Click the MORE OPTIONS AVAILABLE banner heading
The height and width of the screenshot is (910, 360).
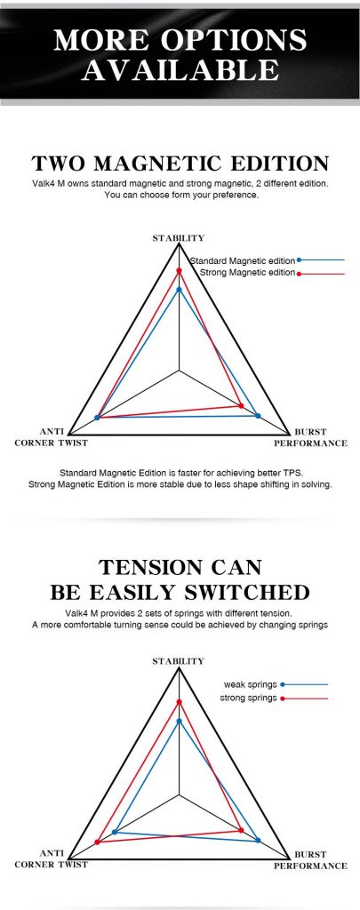(x=180, y=54)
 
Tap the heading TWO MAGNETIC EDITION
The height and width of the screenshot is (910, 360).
(x=180, y=164)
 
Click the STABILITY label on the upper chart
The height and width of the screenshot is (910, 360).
(x=179, y=238)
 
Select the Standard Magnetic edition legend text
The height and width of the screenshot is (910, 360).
(x=244, y=261)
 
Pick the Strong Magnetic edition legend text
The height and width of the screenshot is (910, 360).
(x=247, y=272)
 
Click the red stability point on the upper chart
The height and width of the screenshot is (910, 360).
(x=179, y=270)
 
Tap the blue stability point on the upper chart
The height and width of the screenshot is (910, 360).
(x=179, y=290)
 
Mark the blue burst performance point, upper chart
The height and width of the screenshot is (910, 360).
(x=258, y=416)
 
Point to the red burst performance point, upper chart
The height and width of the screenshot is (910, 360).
(x=241, y=405)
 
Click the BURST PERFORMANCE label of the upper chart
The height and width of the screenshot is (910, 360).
(x=310, y=437)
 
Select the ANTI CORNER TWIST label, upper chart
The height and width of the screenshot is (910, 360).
(x=51, y=437)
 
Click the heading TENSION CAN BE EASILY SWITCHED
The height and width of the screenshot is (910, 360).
(x=180, y=579)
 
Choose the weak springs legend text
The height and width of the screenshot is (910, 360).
(x=251, y=685)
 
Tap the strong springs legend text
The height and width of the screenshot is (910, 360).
(x=249, y=698)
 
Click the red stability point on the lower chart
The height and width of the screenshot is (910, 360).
(x=179, y=702)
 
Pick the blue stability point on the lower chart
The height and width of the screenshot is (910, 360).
(x=179, y=722)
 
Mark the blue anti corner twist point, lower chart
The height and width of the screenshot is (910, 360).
(x=115, y=832)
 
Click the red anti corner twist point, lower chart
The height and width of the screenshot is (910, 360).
(x=97, y=842)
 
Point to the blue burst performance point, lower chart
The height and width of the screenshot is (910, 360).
(x=258, y=840)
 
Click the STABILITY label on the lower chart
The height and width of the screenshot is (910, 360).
(x=179, y=661)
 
